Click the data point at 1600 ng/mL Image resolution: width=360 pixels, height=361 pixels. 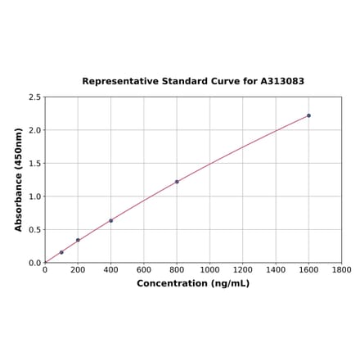(308, 115)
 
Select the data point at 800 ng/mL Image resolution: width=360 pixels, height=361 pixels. (177, 182)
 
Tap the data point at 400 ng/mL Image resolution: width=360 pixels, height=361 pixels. (111, 220)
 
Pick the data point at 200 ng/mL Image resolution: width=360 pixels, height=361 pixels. (78, 240)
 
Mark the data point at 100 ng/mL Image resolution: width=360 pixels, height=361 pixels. (61, 252)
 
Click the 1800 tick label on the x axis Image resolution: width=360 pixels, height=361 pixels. (341, 269)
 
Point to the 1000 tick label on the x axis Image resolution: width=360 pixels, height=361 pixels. (209, 269)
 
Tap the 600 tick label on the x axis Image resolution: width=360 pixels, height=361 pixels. (144, 269)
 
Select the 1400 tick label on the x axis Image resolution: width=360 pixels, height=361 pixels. (276, 269)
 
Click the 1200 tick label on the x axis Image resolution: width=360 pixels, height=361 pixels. (243, 269)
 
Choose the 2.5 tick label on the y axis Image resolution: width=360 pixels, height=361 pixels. (35, 97)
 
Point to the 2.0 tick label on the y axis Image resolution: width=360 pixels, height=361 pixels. (35, 130)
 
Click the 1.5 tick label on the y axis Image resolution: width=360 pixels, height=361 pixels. (35, 164)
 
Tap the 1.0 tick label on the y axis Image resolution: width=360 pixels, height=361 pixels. (35, 196)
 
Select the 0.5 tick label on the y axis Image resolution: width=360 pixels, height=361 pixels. (35, 230)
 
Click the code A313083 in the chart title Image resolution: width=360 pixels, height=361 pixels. (282, 82)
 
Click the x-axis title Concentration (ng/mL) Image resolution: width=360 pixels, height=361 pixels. (193, 283)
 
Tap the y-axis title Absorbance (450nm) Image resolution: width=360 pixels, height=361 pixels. (19, 179)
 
